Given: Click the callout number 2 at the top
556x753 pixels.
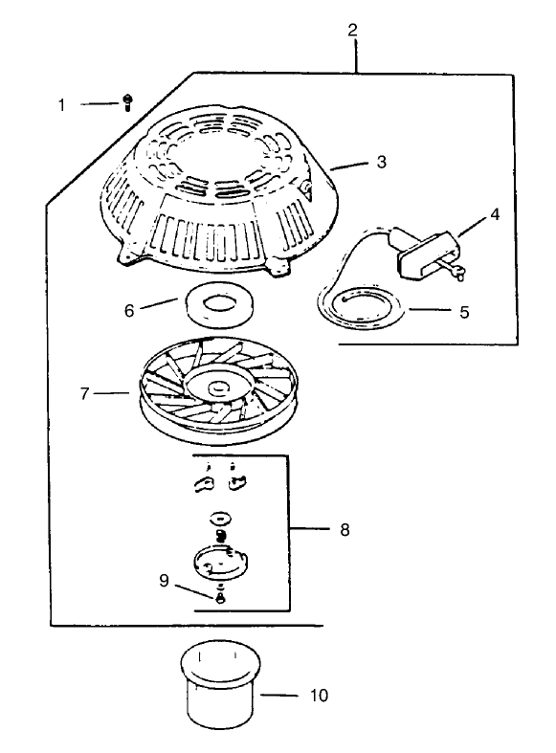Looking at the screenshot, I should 352,29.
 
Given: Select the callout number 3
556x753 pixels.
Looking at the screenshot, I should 381,162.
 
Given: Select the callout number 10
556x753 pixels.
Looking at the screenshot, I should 319,696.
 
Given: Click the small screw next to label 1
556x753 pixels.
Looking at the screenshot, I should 126,103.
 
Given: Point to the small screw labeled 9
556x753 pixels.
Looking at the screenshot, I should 221,598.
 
